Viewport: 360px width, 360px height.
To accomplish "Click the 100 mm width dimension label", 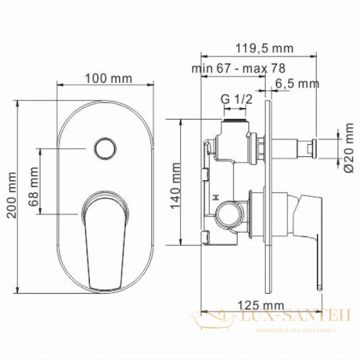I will point(104,78).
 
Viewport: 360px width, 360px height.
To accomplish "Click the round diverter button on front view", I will point(105,147).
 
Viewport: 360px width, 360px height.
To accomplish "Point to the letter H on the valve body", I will point(215,196).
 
